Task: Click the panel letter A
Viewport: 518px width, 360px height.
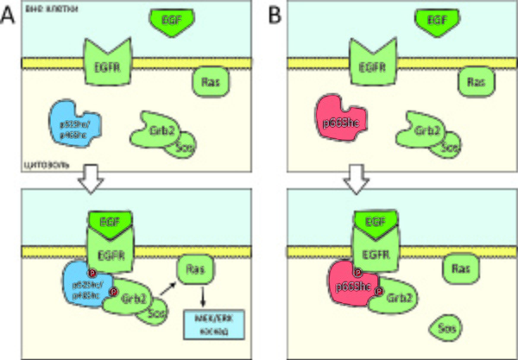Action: (9, 16)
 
